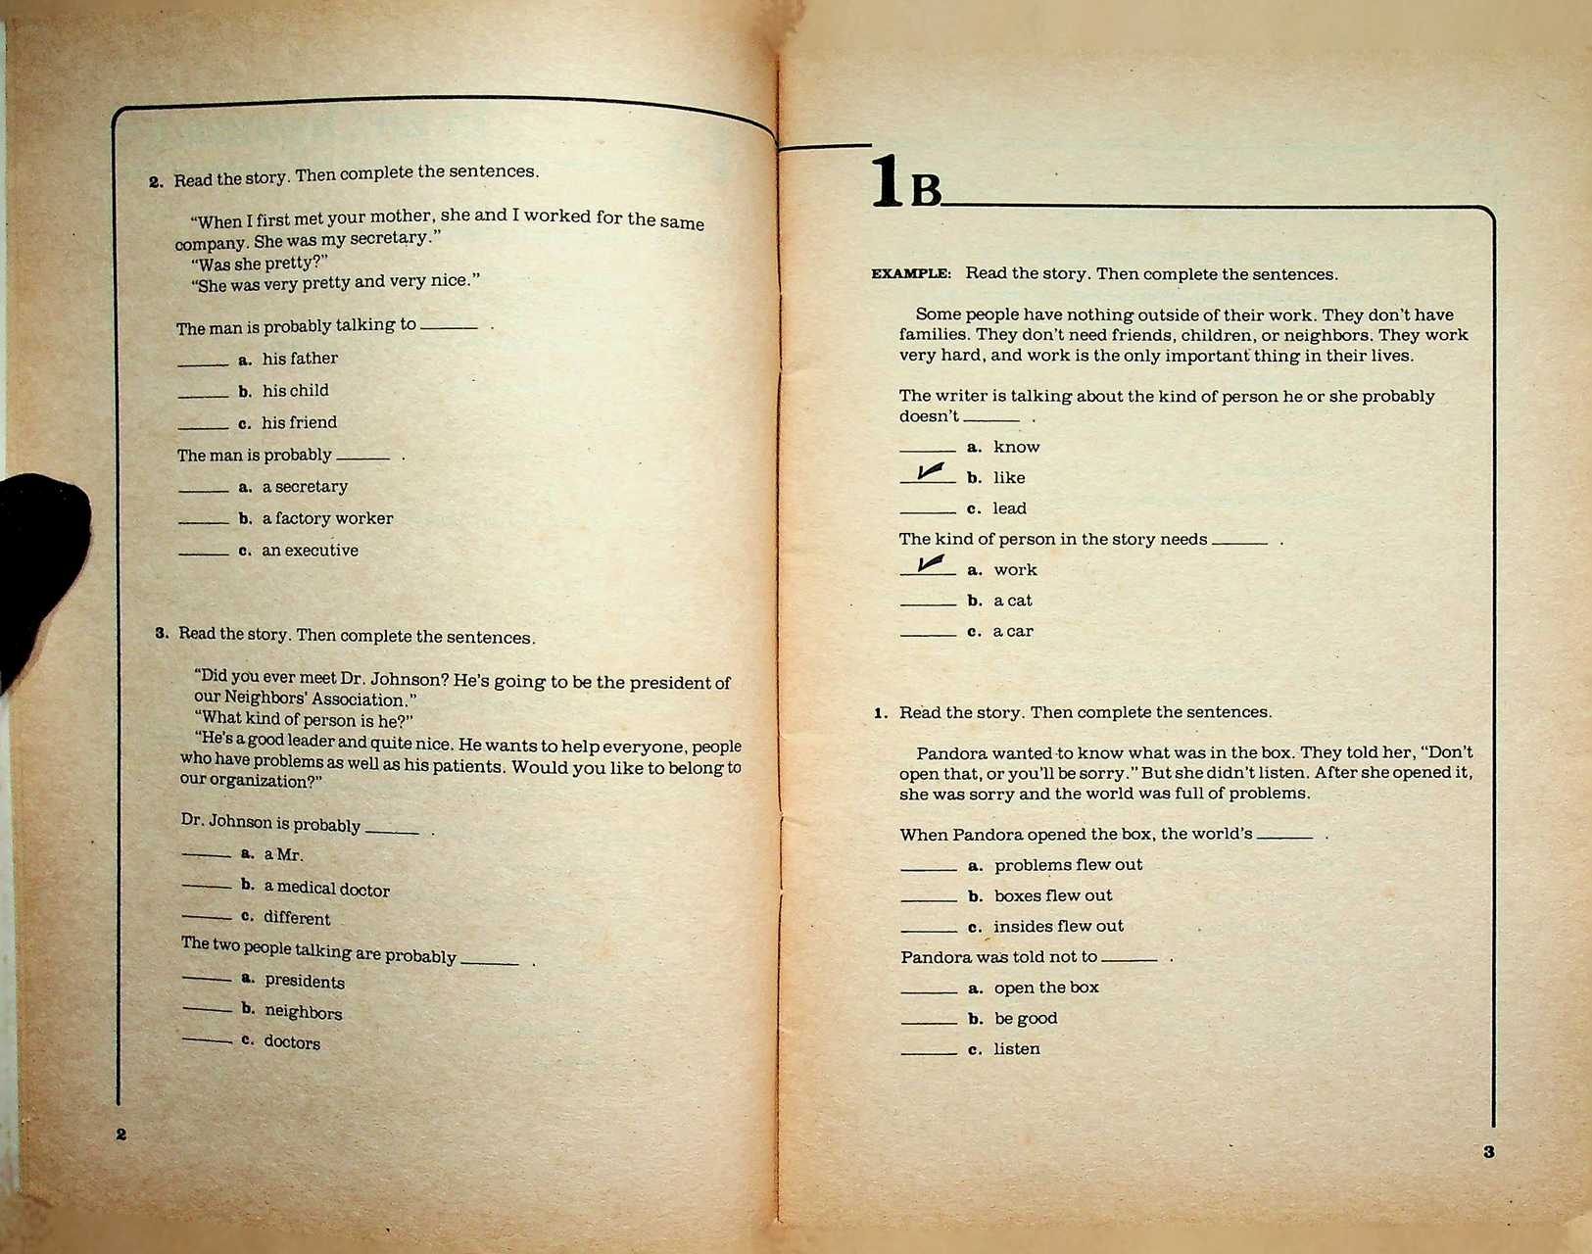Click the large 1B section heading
click(x=905, y=183)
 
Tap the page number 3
click(x=1488, y=1152)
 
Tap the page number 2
click(x=121, y=1134)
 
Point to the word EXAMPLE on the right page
click(x=910, y=274)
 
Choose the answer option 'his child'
click(x=295, y=391)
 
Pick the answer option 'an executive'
click(x=310, y=551)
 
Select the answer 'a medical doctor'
click(x=326, y=889)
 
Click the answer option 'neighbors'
click(x=303, y=1012)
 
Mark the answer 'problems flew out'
click(x=1068, y=865)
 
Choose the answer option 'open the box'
click(x=1045, y=988)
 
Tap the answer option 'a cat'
click(x=1012, y=601)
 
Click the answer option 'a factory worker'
click(x=326, y=518)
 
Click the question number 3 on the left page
click(x=162, y=633)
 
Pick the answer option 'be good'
click(x=1025, y=1019)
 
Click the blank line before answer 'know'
click(x=927, y=449)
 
